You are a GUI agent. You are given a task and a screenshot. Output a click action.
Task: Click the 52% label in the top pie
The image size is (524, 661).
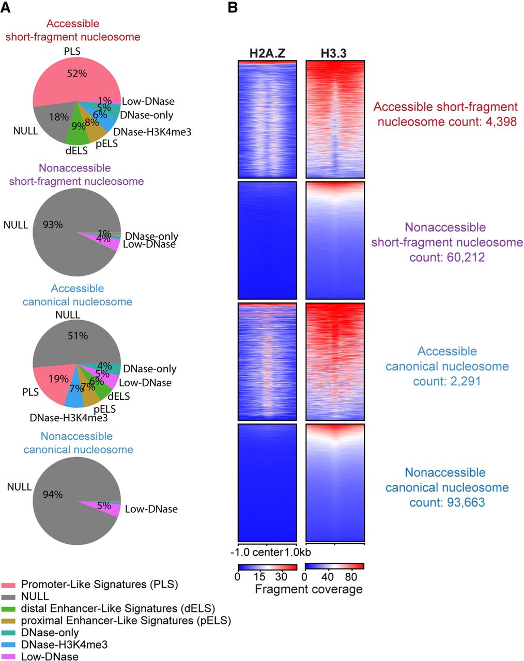[x=77, y=74]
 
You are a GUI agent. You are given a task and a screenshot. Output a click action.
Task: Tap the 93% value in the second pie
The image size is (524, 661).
[x=53, y=225]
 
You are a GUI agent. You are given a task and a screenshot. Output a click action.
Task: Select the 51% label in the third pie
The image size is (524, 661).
[x=78, y=336]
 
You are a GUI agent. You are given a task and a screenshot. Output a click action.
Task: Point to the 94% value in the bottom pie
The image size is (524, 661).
[x=53, y=495]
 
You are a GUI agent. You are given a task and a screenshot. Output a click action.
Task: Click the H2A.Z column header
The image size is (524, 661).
[x=267, y=53]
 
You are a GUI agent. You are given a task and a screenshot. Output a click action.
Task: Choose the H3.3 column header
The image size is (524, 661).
[x=334, y=53]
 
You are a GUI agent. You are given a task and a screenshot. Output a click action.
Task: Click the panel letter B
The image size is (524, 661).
[x=233, y=7]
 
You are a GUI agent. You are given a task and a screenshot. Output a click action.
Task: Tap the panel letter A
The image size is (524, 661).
[x=6, y=7]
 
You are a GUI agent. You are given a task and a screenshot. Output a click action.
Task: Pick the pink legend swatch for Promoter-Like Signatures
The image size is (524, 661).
[x=8, y=585]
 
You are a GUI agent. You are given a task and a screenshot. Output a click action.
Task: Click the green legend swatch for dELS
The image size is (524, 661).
[x=8, y=609]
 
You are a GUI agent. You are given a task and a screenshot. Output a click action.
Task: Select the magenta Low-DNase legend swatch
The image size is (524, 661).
[x=8, y=657]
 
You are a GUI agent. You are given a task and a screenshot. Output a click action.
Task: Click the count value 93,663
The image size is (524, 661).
[x=466, y=502]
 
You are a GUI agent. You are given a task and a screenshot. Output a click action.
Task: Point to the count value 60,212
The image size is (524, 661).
[x=466, y=257]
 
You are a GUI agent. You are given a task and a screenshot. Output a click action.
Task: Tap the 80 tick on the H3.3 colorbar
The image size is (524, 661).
[x=351, y=577]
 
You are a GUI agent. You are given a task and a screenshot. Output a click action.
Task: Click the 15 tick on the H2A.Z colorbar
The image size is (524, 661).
[x=259, y=577]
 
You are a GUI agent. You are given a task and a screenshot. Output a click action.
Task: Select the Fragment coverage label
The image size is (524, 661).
[x=309, y=589]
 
